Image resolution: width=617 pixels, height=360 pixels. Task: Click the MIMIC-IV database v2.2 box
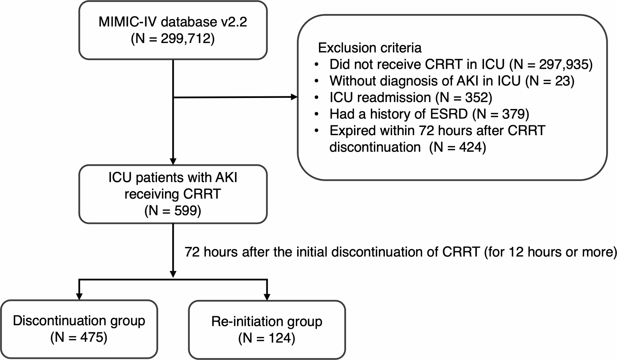click(x=173, y=30)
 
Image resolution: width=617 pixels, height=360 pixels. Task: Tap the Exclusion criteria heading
click(x=370, y=48)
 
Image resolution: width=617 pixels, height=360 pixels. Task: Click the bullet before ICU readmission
click(x=316, y=98)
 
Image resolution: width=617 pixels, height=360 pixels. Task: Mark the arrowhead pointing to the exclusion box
click(x=294, y=97)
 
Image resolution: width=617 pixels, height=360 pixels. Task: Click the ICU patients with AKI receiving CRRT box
click(x=173, y=194)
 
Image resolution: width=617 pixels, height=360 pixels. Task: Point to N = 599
click(x=173, y=211)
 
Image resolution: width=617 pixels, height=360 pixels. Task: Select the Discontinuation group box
click(x=79, y=329)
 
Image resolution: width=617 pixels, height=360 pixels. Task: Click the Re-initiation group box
click(x=267, y=330)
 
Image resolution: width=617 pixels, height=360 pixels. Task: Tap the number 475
click(x=92, y=337)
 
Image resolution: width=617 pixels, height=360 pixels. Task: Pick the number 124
click(x=280, y=338)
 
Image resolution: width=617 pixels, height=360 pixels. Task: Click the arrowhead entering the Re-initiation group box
click(x=267, y=297)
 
